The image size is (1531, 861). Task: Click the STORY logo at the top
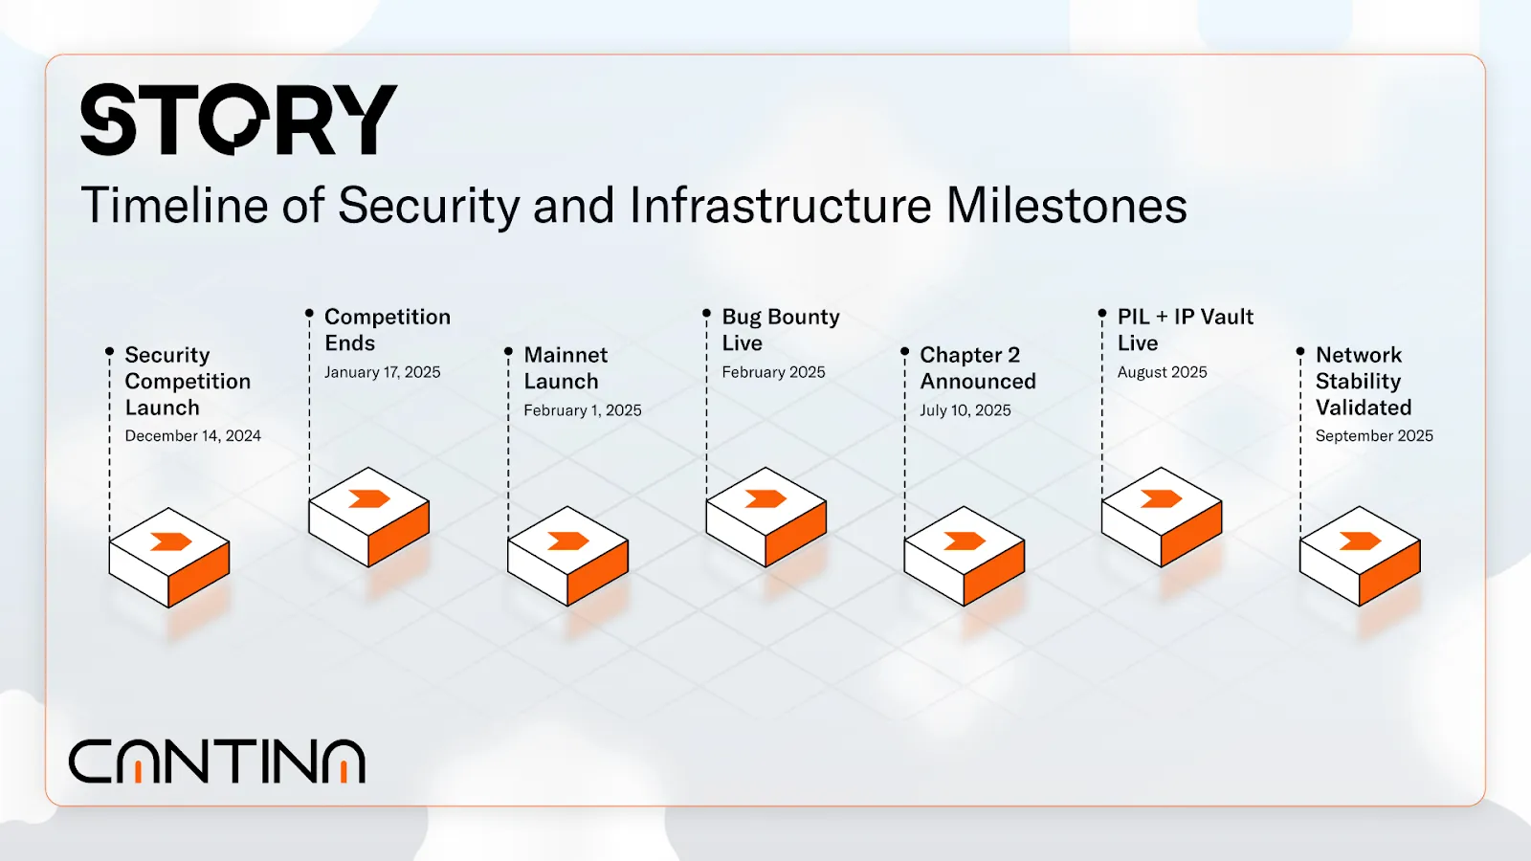coord(238,120)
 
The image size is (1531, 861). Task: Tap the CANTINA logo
coord(216,761)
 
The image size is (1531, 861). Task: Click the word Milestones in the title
coord(1066,205)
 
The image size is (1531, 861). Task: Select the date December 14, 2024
coord(192,436)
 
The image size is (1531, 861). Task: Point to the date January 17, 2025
coord(382,372)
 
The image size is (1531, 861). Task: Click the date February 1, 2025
coord(583,410)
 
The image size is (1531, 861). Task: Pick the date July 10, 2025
coord(965,410)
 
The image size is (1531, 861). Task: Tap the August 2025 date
coord(1162,372)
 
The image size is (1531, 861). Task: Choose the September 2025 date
coord(1374,436)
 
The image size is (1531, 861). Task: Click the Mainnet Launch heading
coord(566,367)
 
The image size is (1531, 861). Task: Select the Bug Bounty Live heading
coord(781,329)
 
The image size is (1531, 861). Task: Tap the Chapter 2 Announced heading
coord(977,367)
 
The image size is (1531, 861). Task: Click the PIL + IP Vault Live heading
coord(1186,329)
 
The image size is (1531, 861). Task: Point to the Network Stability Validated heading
coord(1363,381)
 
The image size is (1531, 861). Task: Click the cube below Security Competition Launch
coord(168,557)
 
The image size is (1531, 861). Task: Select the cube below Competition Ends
coord(369,517)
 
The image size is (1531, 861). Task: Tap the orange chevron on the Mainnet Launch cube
coord(568,541)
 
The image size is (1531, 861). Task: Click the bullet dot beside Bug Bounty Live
coord(707,313)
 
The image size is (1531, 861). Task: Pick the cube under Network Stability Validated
coord(1360,556)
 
